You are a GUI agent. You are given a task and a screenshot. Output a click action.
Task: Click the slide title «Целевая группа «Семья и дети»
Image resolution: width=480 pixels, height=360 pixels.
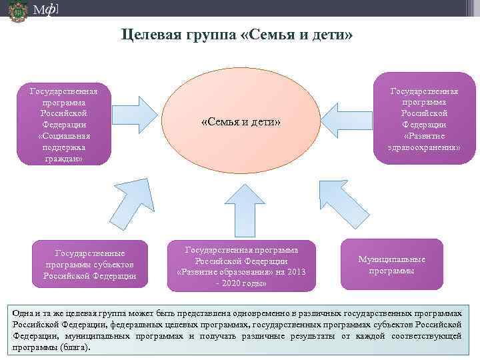pos(237,35)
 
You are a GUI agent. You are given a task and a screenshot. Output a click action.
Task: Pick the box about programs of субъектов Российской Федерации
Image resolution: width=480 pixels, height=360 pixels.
pos(90,264)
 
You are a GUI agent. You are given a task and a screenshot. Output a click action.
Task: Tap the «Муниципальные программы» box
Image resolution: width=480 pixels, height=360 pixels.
pos(391,265)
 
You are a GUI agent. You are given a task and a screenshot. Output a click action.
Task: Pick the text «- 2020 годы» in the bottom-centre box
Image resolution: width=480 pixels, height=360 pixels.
pos(241,283)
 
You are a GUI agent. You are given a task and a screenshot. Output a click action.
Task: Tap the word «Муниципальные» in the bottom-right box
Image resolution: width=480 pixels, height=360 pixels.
pos(391,259)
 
